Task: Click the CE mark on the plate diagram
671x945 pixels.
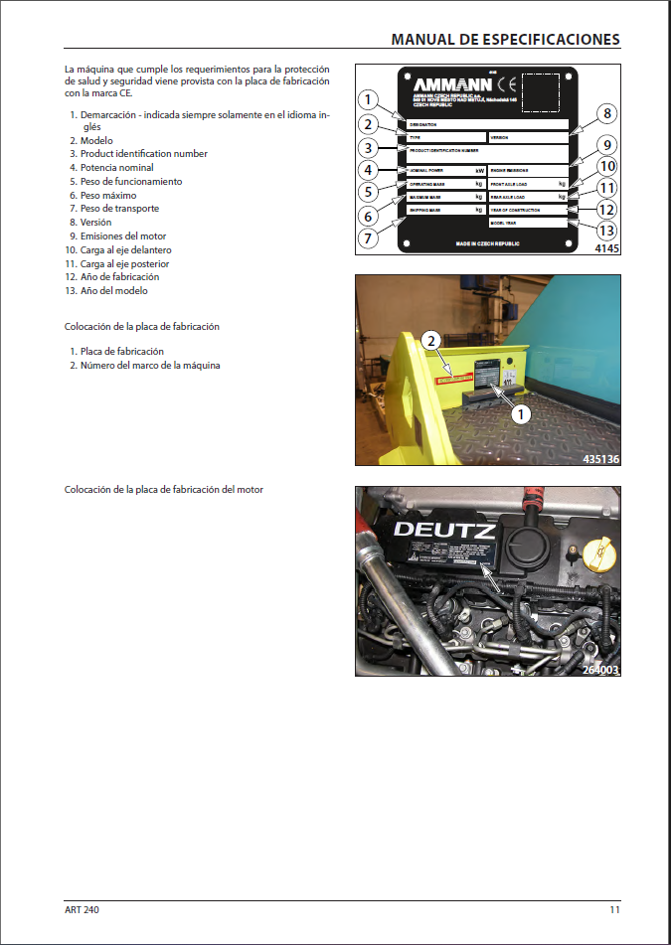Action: tap(505, 82)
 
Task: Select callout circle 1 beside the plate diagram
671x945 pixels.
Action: tap(368, 99)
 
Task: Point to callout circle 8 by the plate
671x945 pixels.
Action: tap(606, 113)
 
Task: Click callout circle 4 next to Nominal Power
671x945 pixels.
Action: tap(368, 170)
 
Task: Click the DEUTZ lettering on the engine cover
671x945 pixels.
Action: tap(443, 531)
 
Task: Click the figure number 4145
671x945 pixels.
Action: tap(606, 249)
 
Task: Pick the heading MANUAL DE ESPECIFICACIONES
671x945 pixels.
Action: tap(505, 39)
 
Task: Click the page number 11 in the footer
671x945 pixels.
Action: tap(615, 910)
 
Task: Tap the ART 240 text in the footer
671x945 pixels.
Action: tap(83, 910)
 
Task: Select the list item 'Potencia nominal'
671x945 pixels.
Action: tap(116, 168)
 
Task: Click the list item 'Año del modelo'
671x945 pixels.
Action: tap(113, 291)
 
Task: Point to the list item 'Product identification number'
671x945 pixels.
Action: tap(143, 154)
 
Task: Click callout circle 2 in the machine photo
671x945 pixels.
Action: tap(430, 341)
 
